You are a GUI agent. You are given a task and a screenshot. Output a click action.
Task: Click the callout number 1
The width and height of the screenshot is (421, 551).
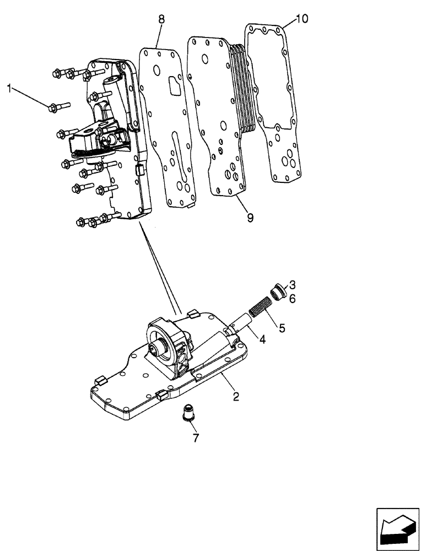(x=9, y=87)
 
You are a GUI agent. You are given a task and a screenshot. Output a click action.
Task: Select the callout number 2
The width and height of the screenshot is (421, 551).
(x=236, y=396)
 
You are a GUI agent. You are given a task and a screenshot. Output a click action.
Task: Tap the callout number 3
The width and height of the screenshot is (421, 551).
(x=293, y=285)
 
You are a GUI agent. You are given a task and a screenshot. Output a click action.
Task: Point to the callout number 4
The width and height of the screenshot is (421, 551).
(x=263, y=340)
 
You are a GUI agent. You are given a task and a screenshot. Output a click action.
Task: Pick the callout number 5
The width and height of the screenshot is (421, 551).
(x=282, y=329)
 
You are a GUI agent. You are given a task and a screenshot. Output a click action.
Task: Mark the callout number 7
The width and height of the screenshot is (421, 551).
(x=196, y=438)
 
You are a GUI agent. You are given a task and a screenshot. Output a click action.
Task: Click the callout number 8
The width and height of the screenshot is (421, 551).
(x=161, y=20)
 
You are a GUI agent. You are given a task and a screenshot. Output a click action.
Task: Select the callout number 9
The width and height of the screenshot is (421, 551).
(x=250, y=218)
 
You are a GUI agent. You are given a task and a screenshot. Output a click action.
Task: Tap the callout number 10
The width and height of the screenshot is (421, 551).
(x=302, y=19)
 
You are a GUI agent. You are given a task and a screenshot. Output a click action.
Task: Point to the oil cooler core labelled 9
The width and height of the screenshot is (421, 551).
(x=218, y=121)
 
